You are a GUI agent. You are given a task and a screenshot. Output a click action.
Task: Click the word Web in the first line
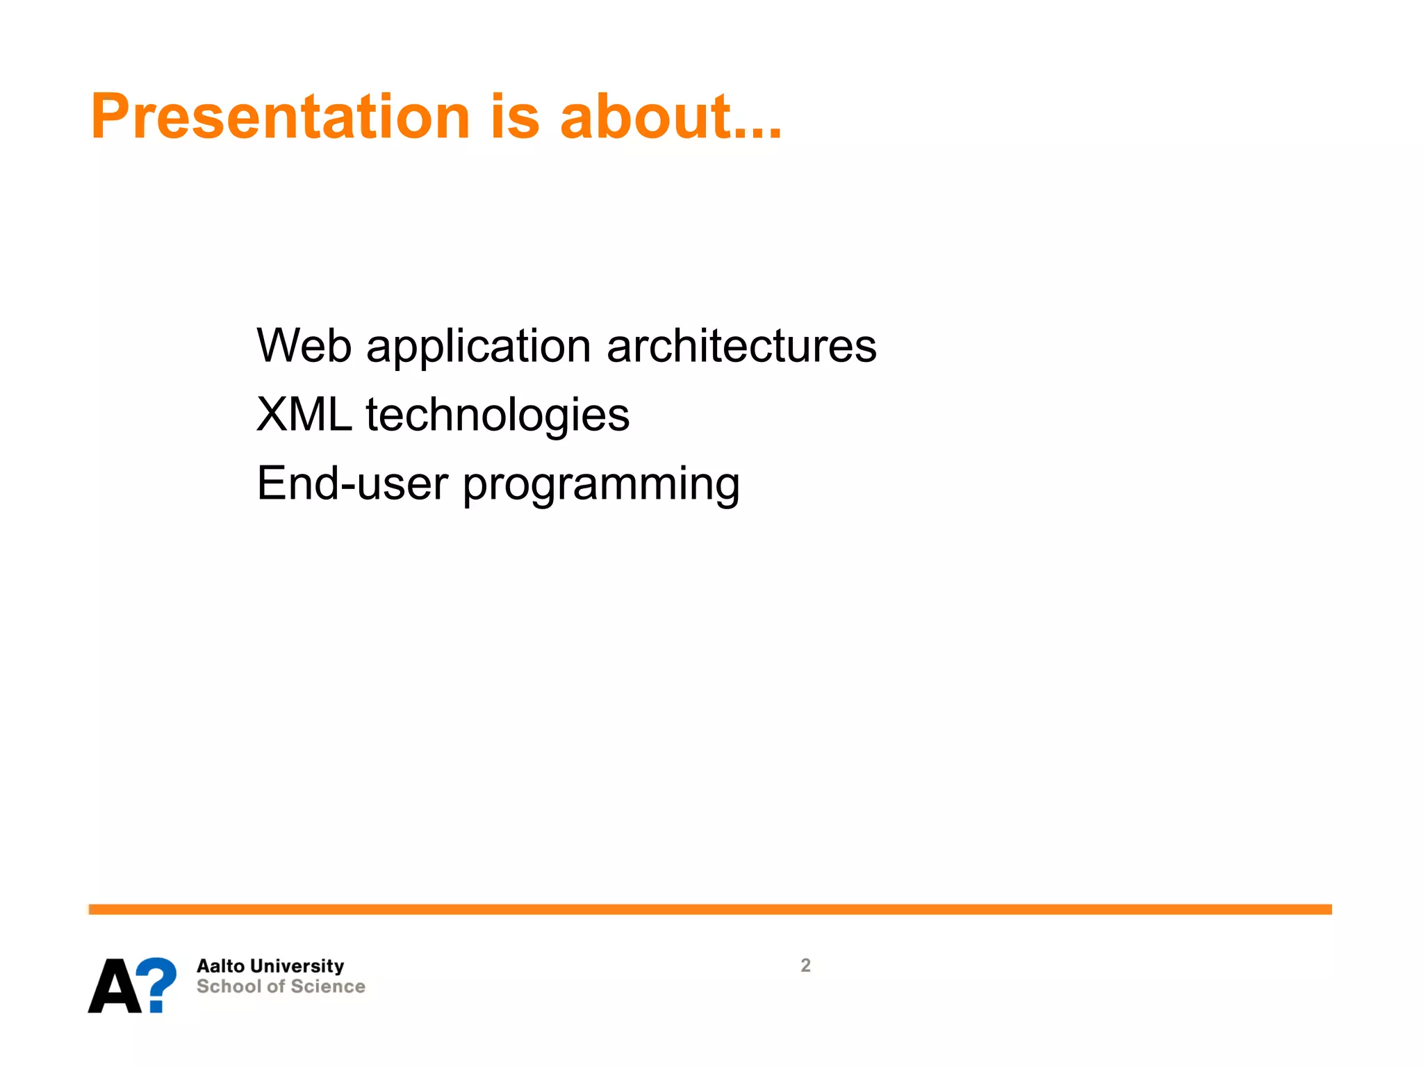304,345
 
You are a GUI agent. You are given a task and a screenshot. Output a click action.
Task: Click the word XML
304,415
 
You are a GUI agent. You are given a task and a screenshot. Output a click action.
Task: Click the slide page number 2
805,966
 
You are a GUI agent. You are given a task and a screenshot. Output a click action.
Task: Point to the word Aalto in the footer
220,966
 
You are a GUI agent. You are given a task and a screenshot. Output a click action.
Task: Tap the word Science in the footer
328,986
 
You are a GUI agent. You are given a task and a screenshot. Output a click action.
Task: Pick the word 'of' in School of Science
276,986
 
